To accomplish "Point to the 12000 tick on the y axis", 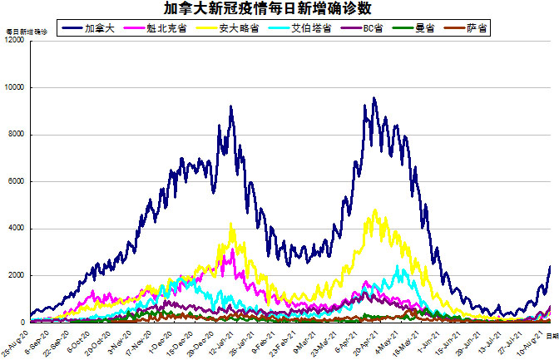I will [14, 41].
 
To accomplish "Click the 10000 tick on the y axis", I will [14, 87].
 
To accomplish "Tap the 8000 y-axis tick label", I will [17, 135].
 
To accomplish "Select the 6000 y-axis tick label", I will [17, 181].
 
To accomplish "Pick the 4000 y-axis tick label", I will [17, 229].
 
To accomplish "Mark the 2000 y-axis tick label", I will [17, 275].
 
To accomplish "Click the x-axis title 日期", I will [552, 333].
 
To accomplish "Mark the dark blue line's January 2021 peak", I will [230, 106].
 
